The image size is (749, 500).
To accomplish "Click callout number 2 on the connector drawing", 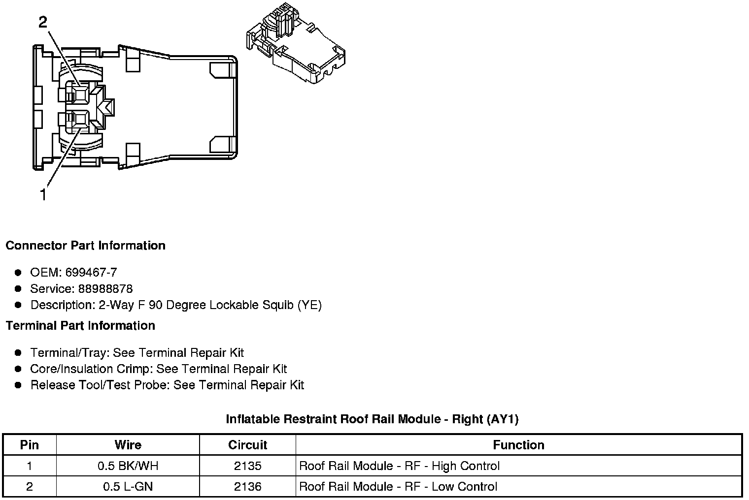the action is pos(43,22).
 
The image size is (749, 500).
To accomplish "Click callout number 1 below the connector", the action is pos(43,195).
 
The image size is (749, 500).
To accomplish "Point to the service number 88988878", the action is pos(105,289).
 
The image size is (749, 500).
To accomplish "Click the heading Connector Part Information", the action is pos(85,246).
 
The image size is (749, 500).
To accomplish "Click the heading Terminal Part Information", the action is pos(80,326).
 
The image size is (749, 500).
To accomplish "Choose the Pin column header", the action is pos(30,445).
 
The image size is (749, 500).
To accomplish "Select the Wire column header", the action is pos(128,445).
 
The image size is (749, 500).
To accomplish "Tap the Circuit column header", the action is pos(247,445).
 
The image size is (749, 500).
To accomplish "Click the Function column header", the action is pos(518,445).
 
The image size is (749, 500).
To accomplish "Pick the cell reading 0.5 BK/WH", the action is pos(128,466).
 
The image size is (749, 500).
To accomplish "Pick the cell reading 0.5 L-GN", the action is pos(128,487).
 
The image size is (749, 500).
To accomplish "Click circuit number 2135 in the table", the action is pos(247,466).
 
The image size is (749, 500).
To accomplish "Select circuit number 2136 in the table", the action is pos(247,487).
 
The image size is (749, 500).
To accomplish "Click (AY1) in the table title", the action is pos(502,419).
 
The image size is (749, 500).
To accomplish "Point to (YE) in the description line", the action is pos(309,305).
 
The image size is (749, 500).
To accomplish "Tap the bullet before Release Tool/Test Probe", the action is pos(18,385).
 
